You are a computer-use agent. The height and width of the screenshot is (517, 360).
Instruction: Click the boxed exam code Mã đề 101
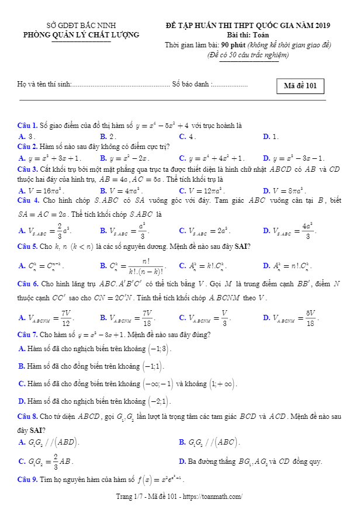point(300,86)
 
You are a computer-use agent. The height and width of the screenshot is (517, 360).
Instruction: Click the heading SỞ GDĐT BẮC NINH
point(81,26)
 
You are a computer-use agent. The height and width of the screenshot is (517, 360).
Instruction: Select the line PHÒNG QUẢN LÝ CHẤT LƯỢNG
point(81,34)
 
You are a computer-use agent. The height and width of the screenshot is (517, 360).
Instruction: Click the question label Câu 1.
point(27,126)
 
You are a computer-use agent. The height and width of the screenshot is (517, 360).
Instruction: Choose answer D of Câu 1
point(271,136)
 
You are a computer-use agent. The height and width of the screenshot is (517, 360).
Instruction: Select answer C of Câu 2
point(212,158)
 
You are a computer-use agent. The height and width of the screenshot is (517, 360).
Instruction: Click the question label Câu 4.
point(27,200)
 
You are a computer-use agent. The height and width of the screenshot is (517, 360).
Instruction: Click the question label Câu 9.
point(27,480)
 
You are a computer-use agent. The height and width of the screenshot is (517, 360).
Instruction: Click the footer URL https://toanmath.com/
point(213,497)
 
